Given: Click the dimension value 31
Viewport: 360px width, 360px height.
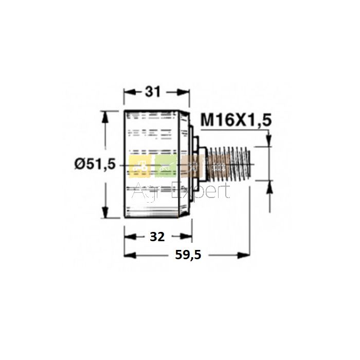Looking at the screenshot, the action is click(152, 92).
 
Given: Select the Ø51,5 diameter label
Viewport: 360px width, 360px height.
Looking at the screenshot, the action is click(95, 165).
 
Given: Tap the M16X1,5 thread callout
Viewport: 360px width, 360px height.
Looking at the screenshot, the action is click(236, 120).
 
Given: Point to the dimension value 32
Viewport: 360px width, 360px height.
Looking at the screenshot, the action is click(157, 237).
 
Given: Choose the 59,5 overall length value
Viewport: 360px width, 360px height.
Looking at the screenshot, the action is click(188, 255).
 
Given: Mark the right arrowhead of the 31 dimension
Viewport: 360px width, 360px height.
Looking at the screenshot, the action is click(184, 93).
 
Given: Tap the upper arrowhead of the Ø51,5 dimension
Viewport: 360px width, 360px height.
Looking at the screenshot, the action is click(105, 117).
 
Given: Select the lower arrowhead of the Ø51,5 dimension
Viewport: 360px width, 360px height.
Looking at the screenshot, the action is click(105, 212).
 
